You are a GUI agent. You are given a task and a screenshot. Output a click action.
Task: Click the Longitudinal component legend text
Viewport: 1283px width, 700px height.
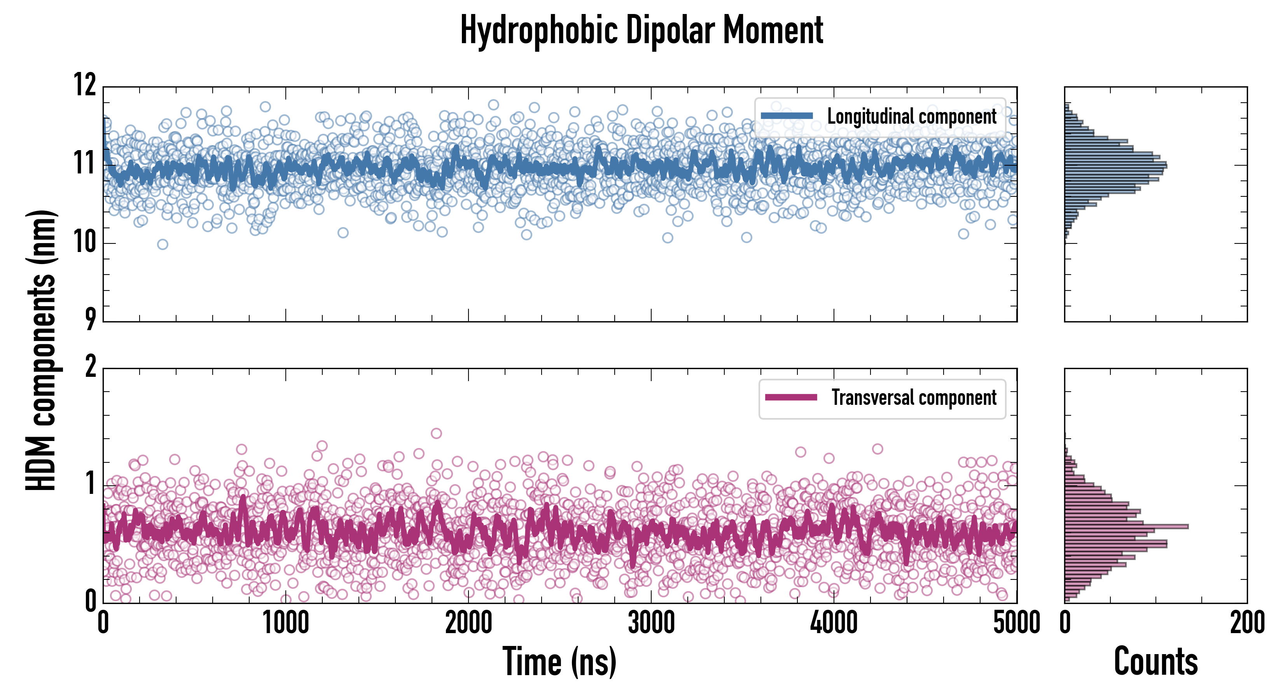click(911, 117)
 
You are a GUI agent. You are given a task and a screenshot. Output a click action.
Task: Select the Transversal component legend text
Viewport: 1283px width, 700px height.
click(914, 397)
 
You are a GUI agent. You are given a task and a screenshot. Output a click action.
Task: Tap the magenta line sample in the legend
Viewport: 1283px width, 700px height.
click(791, 397)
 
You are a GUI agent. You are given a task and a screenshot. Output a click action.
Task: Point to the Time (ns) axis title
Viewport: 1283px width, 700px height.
click(559, 661)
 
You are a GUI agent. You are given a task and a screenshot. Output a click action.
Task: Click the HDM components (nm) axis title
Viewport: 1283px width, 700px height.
click(41, 350)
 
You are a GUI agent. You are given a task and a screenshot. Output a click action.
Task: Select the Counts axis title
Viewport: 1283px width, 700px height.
click(1155, 661)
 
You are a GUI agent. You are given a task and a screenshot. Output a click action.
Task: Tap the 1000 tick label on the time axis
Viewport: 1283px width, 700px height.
click(286, 623)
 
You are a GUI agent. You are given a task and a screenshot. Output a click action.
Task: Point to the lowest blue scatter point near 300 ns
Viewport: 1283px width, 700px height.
click(163, 244)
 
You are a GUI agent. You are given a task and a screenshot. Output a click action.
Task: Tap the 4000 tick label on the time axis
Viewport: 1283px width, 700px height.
click(834, 623)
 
